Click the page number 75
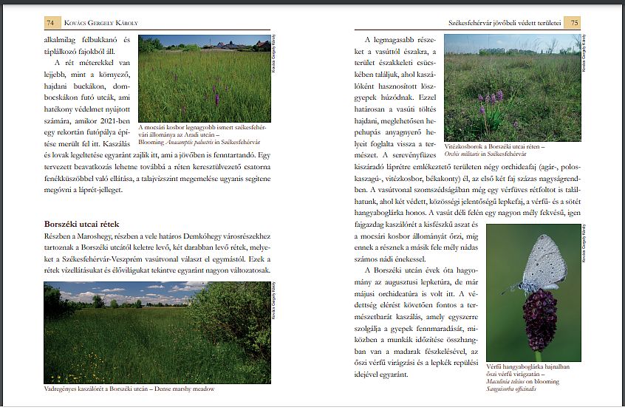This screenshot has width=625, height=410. pyautogui.click(x=575, y=23)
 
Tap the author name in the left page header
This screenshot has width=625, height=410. pyautogui.click(x=103, y=23)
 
